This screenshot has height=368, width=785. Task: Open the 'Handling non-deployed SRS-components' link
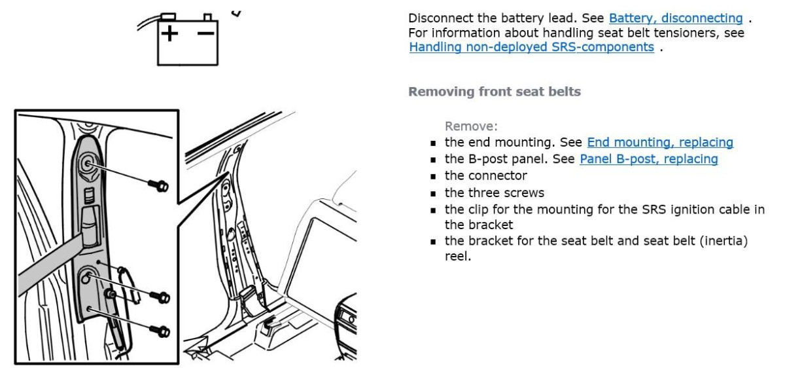[x=531, y=47]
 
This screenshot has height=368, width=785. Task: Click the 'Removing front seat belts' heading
[x=494, y=92]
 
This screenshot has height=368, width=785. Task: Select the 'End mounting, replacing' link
[x=660, y=142]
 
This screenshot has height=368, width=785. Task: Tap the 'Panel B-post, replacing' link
[x=648, y=159]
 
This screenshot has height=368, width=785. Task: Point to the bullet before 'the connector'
[x=433, y=177]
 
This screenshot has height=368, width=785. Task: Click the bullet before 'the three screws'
[x=433, y=193]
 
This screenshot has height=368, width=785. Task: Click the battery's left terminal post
[x=169, y=16]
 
